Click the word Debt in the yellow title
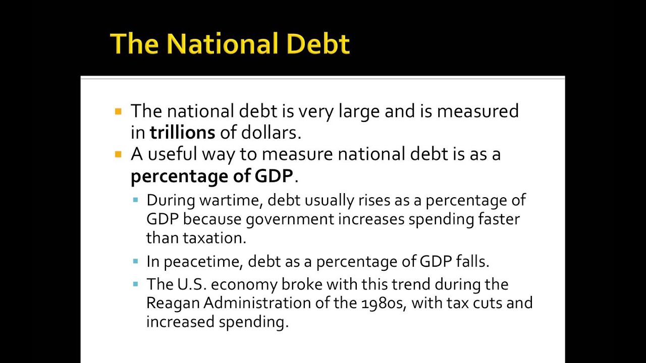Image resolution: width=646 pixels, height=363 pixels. tap(318, 44)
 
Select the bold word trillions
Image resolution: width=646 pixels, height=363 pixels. tap(182, 133)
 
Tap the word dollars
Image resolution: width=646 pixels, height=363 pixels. tap(271, 133)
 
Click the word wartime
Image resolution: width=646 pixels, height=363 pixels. tap(231, 200)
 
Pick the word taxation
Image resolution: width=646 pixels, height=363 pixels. tap(214, 237)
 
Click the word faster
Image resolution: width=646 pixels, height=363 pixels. tap(499, 219)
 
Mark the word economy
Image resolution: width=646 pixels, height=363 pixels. tap(244, 284)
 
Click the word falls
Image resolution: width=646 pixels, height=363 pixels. tap(472, 261)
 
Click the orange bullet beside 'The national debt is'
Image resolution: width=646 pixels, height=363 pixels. tap(118, 111)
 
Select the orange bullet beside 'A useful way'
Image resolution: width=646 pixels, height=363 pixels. tap(118, 154)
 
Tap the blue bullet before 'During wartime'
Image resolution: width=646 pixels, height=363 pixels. tap(135, 200)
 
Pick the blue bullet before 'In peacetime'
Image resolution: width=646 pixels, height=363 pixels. tap(135, 261)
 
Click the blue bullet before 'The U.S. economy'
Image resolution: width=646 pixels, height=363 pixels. tap(135, 284)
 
